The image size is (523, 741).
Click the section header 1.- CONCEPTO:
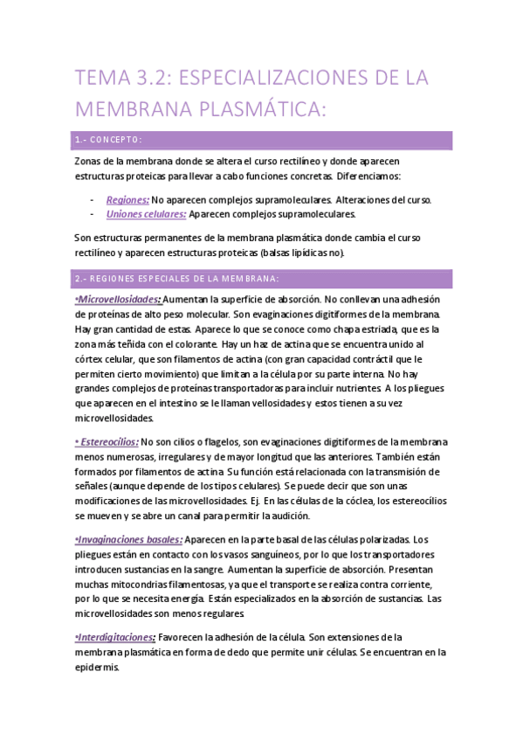click(x=109, y=140)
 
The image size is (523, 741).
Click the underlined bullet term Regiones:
click(x=127, y=200)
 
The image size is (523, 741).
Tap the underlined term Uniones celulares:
click(x=146, y=214)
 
